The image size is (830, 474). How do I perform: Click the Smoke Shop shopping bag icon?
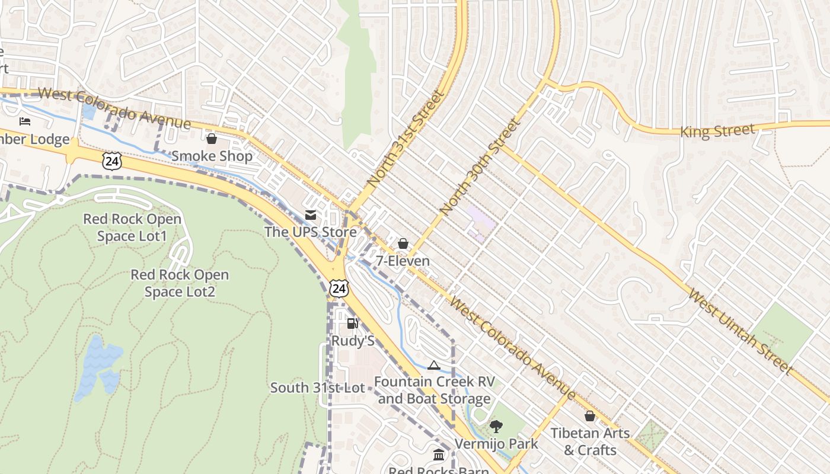click(x=211, y=139)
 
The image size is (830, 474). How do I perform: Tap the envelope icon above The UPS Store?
click(x=310, y=215)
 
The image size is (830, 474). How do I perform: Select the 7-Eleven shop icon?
click(x=403, y=244)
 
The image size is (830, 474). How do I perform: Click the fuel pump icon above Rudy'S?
click(x=353, y=324)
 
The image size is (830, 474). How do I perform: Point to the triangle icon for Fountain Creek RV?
click(x=433, y=365)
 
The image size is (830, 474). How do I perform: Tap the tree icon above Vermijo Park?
click(x=496, y=426)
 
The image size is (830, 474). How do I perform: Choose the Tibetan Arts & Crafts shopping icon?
click(x=590, y=416)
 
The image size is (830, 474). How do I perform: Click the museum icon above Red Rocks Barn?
click(x=439, y=455)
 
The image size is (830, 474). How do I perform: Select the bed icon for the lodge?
click(x=25, y=121)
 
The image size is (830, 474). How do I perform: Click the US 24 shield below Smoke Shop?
click(x=111, y=161)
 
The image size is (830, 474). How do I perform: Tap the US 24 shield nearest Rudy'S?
click(x=339, y=289)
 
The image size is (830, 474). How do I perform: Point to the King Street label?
click(x=717, y=130)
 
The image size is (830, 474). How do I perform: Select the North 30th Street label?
click(x=480, y=167)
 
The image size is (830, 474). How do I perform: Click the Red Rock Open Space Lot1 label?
click(x=132, y=228)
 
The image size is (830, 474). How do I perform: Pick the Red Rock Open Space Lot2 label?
click(x=179, y=283)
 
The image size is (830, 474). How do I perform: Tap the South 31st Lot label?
click(x=317, y=388)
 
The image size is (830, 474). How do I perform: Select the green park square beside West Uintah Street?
click(x=782, y=331)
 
